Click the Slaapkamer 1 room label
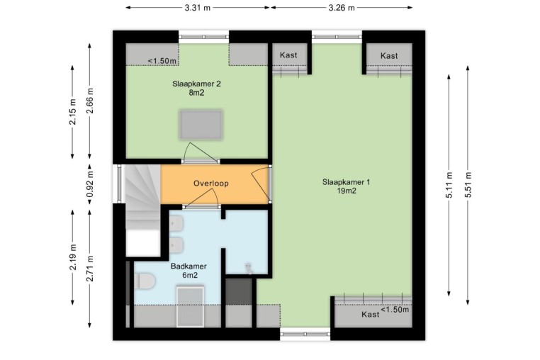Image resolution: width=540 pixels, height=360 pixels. pyautogui.click(x=346, y=186)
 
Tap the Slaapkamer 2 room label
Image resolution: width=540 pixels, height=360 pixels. pyautogui.click(x=196, y=88)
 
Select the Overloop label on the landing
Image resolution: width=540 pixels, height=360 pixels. pyautogui.click(x=210, y=184)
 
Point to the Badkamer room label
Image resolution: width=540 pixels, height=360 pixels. pyautogui.click(x=189, y=271)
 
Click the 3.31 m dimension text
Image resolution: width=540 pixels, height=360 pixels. pyautogui.click(x=197, y=8)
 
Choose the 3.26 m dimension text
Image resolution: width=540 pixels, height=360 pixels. pyautogui.click(x=342, y=8)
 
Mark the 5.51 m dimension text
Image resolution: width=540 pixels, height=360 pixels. pyautogui.click(x=468, y=185)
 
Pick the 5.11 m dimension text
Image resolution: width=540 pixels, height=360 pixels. pyautogui.click(x=449, y=185)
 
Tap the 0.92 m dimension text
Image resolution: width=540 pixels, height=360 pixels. pyautogui.click(x=89, y=184)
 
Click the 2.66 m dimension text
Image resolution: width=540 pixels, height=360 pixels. pyautogui.click(x=89, y=101)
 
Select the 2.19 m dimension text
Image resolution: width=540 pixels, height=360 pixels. pyautogui.click(x=73, y=257)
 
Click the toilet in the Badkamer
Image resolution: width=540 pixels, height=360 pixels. pyautogui.click(x=144, y=281)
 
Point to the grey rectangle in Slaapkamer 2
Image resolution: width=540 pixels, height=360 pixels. pyautogui.click(x=201, y=125)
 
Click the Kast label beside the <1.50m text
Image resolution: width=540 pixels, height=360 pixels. pyautogui.click(x=371, y=314)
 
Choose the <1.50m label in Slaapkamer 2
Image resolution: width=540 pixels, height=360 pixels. pyautogui.click(x=162, y=61)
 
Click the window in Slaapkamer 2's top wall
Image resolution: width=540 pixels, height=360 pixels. pyautogui.click(x=204, y=37)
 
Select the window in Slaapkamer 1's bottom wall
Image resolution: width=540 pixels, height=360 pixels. pyautogui.click(x=305, y=334)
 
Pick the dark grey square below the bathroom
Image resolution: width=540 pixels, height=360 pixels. pyautogui.click(x=239, y=291)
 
